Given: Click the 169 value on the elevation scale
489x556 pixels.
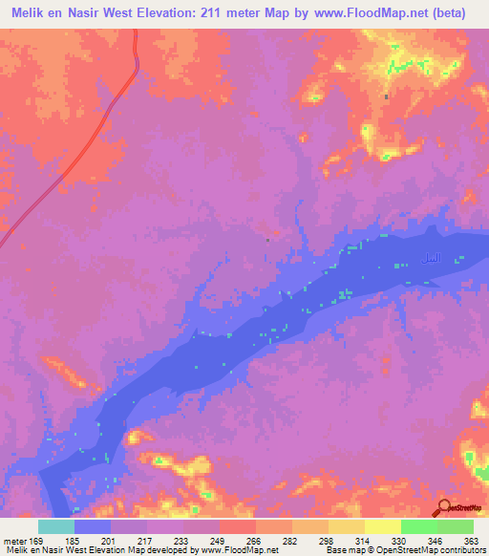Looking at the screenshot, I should click(35, 541).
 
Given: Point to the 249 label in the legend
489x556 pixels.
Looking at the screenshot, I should click(217, 541).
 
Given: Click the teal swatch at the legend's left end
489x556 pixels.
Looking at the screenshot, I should click(55, 526).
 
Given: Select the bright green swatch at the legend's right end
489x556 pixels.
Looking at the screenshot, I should click(456, 526).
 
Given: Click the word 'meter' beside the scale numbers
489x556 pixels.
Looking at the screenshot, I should click(12, 541).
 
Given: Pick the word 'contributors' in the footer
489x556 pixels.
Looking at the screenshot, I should click(461, 550).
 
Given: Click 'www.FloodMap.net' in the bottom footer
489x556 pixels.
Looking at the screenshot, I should click(236, 550).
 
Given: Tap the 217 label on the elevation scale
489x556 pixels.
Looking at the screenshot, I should click(145, 541).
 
